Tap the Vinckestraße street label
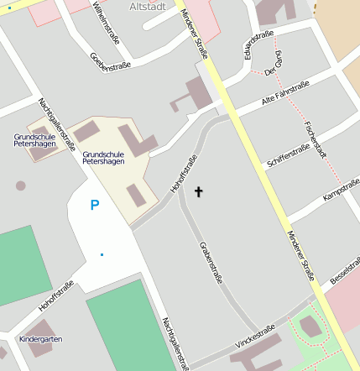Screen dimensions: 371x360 [x=256, y=337]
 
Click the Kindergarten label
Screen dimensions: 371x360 [x=40, y=339]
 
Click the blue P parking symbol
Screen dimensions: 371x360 [x=95, y=205]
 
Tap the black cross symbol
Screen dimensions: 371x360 [x=199, y=191]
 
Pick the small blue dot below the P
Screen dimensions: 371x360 [x=102, y=254]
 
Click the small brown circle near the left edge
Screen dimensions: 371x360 [x=20, y=185]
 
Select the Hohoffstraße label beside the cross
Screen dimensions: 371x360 [x=184, y=175]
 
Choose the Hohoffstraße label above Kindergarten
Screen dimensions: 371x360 [x=56, y=295]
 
